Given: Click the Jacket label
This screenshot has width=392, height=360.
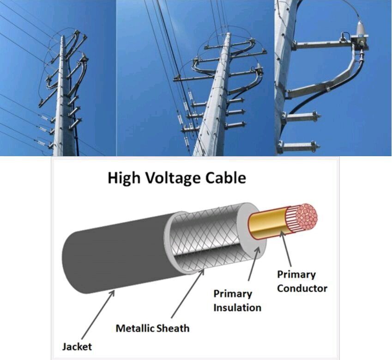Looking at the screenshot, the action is [77, 346].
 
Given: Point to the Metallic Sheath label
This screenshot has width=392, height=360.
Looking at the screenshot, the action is [152, 328].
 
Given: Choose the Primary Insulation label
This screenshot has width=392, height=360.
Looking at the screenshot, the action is [237, 300].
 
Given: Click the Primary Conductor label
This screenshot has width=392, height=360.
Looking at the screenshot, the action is [302, 281].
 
